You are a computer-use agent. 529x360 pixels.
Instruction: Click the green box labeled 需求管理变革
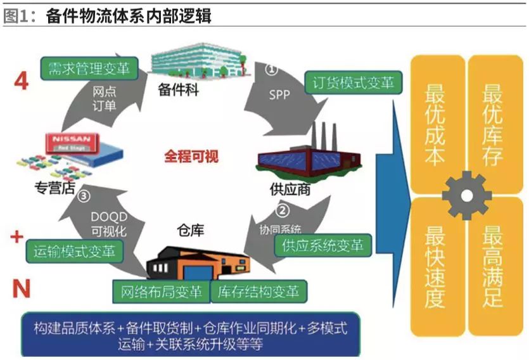89,68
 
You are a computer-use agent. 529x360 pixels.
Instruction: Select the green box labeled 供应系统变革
323,245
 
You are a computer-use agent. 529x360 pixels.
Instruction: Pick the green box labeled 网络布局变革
162,292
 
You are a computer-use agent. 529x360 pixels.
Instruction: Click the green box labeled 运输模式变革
75,250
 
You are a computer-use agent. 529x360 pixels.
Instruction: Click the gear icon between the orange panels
466,195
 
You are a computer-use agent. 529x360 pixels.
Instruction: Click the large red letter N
22,289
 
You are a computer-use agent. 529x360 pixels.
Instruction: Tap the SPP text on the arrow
279,94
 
